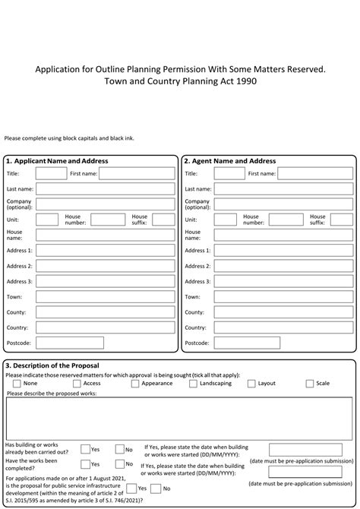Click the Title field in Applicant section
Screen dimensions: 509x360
click(51, 174)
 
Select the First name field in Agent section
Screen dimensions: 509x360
click(305, 174)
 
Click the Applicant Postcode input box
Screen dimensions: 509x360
click(105, 343)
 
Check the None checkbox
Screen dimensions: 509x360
click(17, 384)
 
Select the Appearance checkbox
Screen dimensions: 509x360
click(135, 384)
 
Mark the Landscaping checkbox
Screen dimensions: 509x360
click(193, 384)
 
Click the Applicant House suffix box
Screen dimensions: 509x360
click(163, 220)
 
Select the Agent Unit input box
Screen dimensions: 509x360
click(225, 220)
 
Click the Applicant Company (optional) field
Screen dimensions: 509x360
click(105, 204)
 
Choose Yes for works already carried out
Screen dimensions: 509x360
click(85, 449)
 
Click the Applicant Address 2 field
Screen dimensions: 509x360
click(105, 266)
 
